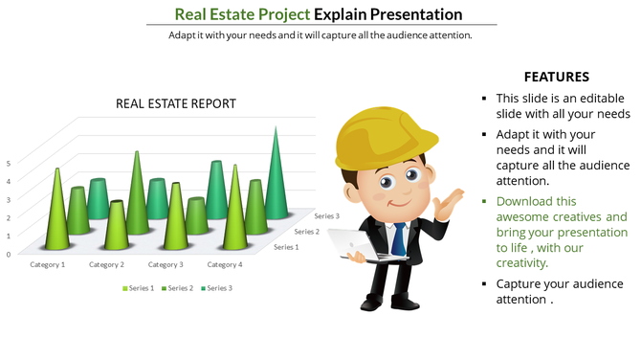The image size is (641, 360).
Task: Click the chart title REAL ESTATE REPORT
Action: (176, 103)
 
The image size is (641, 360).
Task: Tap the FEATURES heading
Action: (556, 77)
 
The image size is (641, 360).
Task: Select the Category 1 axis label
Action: (47, 264)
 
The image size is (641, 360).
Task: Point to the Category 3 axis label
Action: (166, 264)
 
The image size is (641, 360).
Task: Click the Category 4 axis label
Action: (225, 264)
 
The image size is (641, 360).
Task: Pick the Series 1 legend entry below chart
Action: (138, 287)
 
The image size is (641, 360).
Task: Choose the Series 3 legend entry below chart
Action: (217, 287)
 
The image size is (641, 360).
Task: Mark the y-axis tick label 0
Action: (9, 254)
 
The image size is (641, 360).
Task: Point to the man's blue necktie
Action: (398, 235)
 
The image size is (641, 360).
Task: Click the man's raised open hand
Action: (446, 203)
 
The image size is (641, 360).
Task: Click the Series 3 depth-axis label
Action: (325, 216)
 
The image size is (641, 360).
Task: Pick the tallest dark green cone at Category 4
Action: (276, 172)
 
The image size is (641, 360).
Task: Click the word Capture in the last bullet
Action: (522, 283)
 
